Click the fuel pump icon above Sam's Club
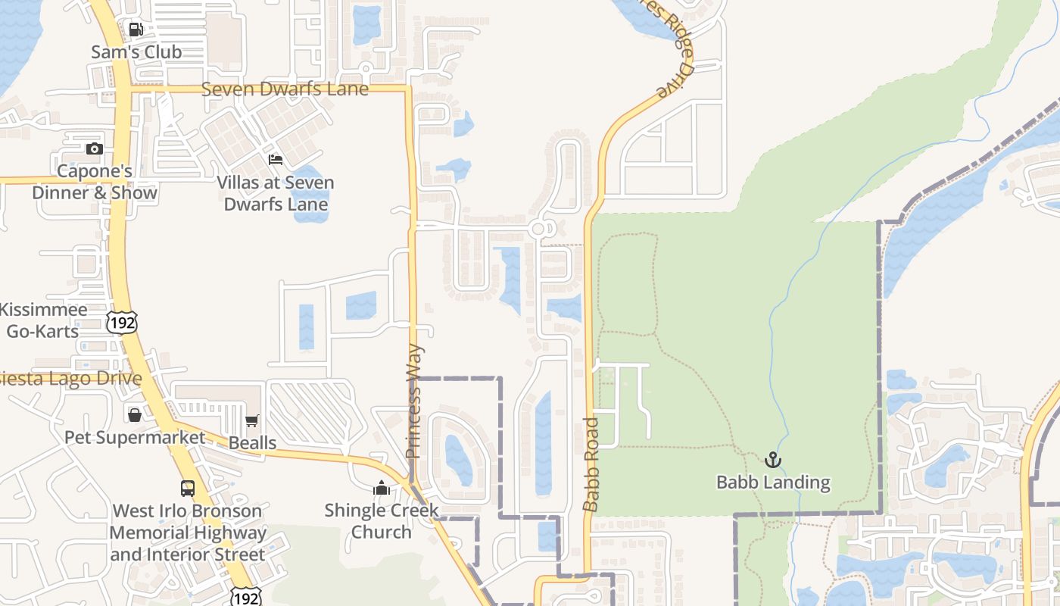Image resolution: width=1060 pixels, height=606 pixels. (136, 30)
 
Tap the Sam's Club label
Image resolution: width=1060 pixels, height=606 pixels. (136, 52)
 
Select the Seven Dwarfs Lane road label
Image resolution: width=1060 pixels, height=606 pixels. (285, 89)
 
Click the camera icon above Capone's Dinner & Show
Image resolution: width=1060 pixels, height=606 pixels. (95, 148)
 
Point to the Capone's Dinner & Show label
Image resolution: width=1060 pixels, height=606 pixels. (95, 182)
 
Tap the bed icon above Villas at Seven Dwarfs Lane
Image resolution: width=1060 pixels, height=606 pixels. (276, 160)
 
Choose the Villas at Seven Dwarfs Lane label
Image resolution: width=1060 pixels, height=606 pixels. (276, 193)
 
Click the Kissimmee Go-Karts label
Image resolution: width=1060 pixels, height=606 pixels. (43, 320)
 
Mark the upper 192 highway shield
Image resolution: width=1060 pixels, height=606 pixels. (121, 321)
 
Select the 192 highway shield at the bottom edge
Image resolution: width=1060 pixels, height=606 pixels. (245, 597)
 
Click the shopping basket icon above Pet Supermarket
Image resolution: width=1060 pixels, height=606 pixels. (135, 415)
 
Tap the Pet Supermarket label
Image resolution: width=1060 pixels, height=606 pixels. (135, 438)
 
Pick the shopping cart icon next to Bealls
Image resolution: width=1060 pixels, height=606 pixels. (251, 420)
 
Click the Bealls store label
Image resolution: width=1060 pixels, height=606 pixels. (252, 442)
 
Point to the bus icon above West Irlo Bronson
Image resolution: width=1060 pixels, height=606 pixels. (188, 489)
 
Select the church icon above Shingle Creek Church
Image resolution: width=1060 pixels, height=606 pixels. (382, 487)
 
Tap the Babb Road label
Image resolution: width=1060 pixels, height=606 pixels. (591, 464)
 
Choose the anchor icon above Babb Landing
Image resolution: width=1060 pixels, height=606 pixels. (773, 460)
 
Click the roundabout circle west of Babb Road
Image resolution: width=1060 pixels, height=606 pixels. (539, 229)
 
